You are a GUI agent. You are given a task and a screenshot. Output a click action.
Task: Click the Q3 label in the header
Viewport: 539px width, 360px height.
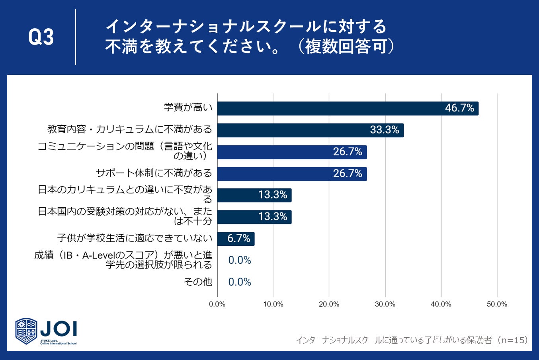(41, 37)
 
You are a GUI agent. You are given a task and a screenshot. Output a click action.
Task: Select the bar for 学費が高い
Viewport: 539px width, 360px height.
(348, 109)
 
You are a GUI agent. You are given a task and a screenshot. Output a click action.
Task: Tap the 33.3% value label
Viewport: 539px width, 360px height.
(385, 130)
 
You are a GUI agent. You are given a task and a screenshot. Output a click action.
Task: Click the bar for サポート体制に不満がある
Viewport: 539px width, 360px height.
(292, 174)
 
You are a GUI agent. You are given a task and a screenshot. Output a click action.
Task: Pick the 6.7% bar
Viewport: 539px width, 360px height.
(236, 239)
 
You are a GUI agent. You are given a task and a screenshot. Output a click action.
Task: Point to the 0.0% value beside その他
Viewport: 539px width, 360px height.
(240, 282)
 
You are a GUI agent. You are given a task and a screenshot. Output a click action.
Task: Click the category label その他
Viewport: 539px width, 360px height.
(198, 282)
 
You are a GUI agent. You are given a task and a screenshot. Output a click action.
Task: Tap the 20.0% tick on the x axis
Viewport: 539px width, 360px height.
(329, 304)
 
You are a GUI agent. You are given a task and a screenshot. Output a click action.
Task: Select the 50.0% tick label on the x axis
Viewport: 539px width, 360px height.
(497, 304)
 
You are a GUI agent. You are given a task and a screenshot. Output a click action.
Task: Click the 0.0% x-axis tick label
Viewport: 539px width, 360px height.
(217, 304)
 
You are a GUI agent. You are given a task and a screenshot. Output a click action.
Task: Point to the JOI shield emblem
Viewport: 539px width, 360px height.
(26, 331)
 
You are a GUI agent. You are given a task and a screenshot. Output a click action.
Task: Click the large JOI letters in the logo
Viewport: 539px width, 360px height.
(59, 329)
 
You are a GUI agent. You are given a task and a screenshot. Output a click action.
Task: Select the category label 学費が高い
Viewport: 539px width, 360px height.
(188, 107)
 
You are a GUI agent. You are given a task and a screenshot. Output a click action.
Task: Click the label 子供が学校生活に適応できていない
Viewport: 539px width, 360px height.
(135, 239)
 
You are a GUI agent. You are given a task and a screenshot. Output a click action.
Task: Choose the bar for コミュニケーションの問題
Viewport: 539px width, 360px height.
(292, 152)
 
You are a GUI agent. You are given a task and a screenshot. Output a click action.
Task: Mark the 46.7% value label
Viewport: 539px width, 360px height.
(459, 108)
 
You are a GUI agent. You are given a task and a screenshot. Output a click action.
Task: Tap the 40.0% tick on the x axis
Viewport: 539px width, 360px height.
(441, 304)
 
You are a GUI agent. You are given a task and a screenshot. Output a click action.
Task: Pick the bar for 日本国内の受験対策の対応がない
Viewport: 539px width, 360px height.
(254, 217)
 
